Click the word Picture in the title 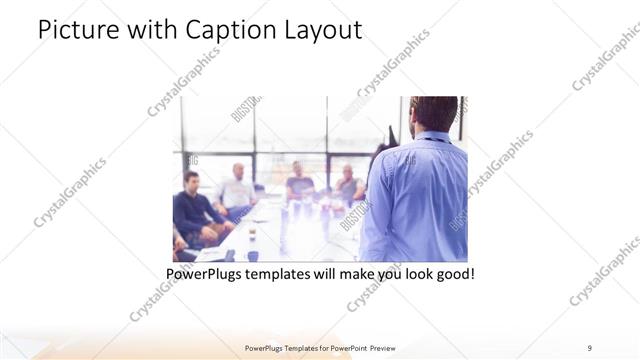77,30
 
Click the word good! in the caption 452,272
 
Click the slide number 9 591,347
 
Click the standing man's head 435,113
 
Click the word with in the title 146,30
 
